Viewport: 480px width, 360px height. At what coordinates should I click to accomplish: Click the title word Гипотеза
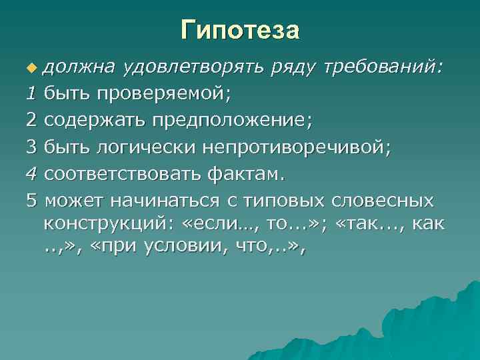240,29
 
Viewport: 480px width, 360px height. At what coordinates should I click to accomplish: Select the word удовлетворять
194,67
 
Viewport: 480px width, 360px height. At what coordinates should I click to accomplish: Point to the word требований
381,67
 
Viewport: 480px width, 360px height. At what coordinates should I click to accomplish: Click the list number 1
32,94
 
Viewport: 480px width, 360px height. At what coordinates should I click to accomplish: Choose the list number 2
32,121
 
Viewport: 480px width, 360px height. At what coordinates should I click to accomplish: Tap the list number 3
32,147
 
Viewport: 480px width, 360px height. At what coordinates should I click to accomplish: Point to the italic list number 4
32,174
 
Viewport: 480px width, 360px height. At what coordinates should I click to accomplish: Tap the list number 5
32,201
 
